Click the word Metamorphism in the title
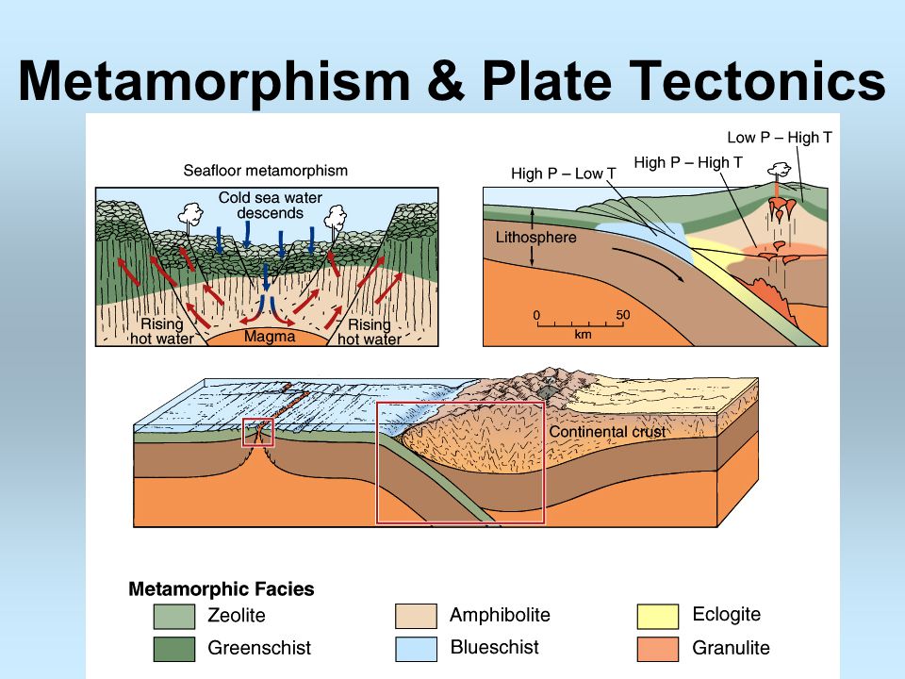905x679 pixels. pyautogui.click(x=214, y=80)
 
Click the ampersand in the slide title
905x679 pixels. pyautogui.click(x=445, y=80)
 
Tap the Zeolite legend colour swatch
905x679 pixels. pyautogui.click(x=174, y=616)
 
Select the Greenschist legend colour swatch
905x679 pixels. pyautogui.click(x=174, y=649)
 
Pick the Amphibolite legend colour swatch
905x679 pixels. pyautogui.click(x=416, y=616)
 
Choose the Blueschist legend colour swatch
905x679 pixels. pyautogui.click(x=416, y=649)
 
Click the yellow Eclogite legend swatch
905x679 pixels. pyautogui.click(x=658, y=616)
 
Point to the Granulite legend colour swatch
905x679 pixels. pyautogui.click(x=658, y=649)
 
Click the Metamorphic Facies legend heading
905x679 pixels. pyautogui.click(x=221, y=588)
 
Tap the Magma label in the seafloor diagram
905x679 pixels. pyautogui.click(x=270, y=337)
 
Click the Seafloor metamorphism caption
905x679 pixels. pyautogui.click(x=266, y=171)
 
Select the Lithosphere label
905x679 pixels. pyautogui.click(x=535, y=238)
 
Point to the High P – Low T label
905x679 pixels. pyautogui.click(x=564, y=174)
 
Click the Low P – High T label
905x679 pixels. pyautogui.click(x=780, y=138)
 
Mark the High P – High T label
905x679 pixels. pyautogui.click(x=688, y=163)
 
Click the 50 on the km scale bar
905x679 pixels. pyautogui.click(x=623, y=315)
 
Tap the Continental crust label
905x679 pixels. pyautogui.click(x=606, y=431)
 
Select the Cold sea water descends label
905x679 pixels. pyautogui.click(x=271, y=205)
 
